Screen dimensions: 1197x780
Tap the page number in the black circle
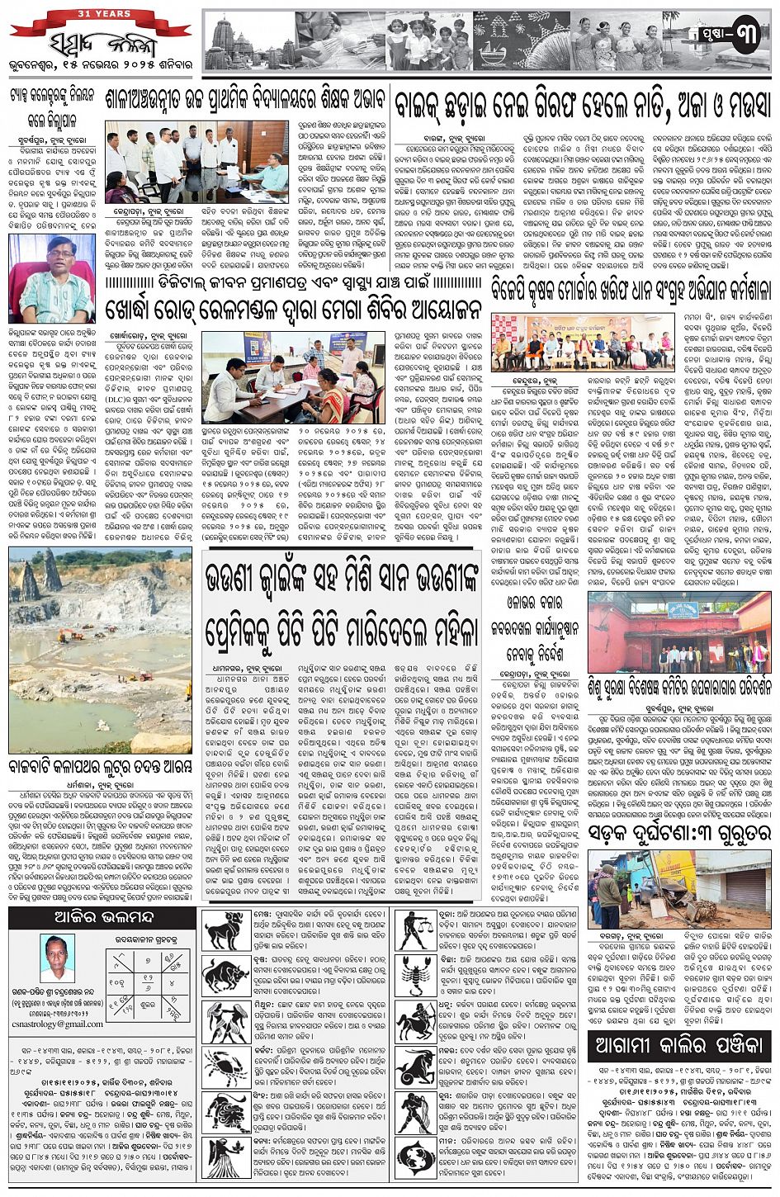pos(745,38)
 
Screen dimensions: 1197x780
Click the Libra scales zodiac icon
pos(417,931)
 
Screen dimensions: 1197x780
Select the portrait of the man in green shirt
pos(51,278)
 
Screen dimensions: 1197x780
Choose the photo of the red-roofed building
pos(678,632)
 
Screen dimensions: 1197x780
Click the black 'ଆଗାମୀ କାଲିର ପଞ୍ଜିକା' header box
pos(678,1046)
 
